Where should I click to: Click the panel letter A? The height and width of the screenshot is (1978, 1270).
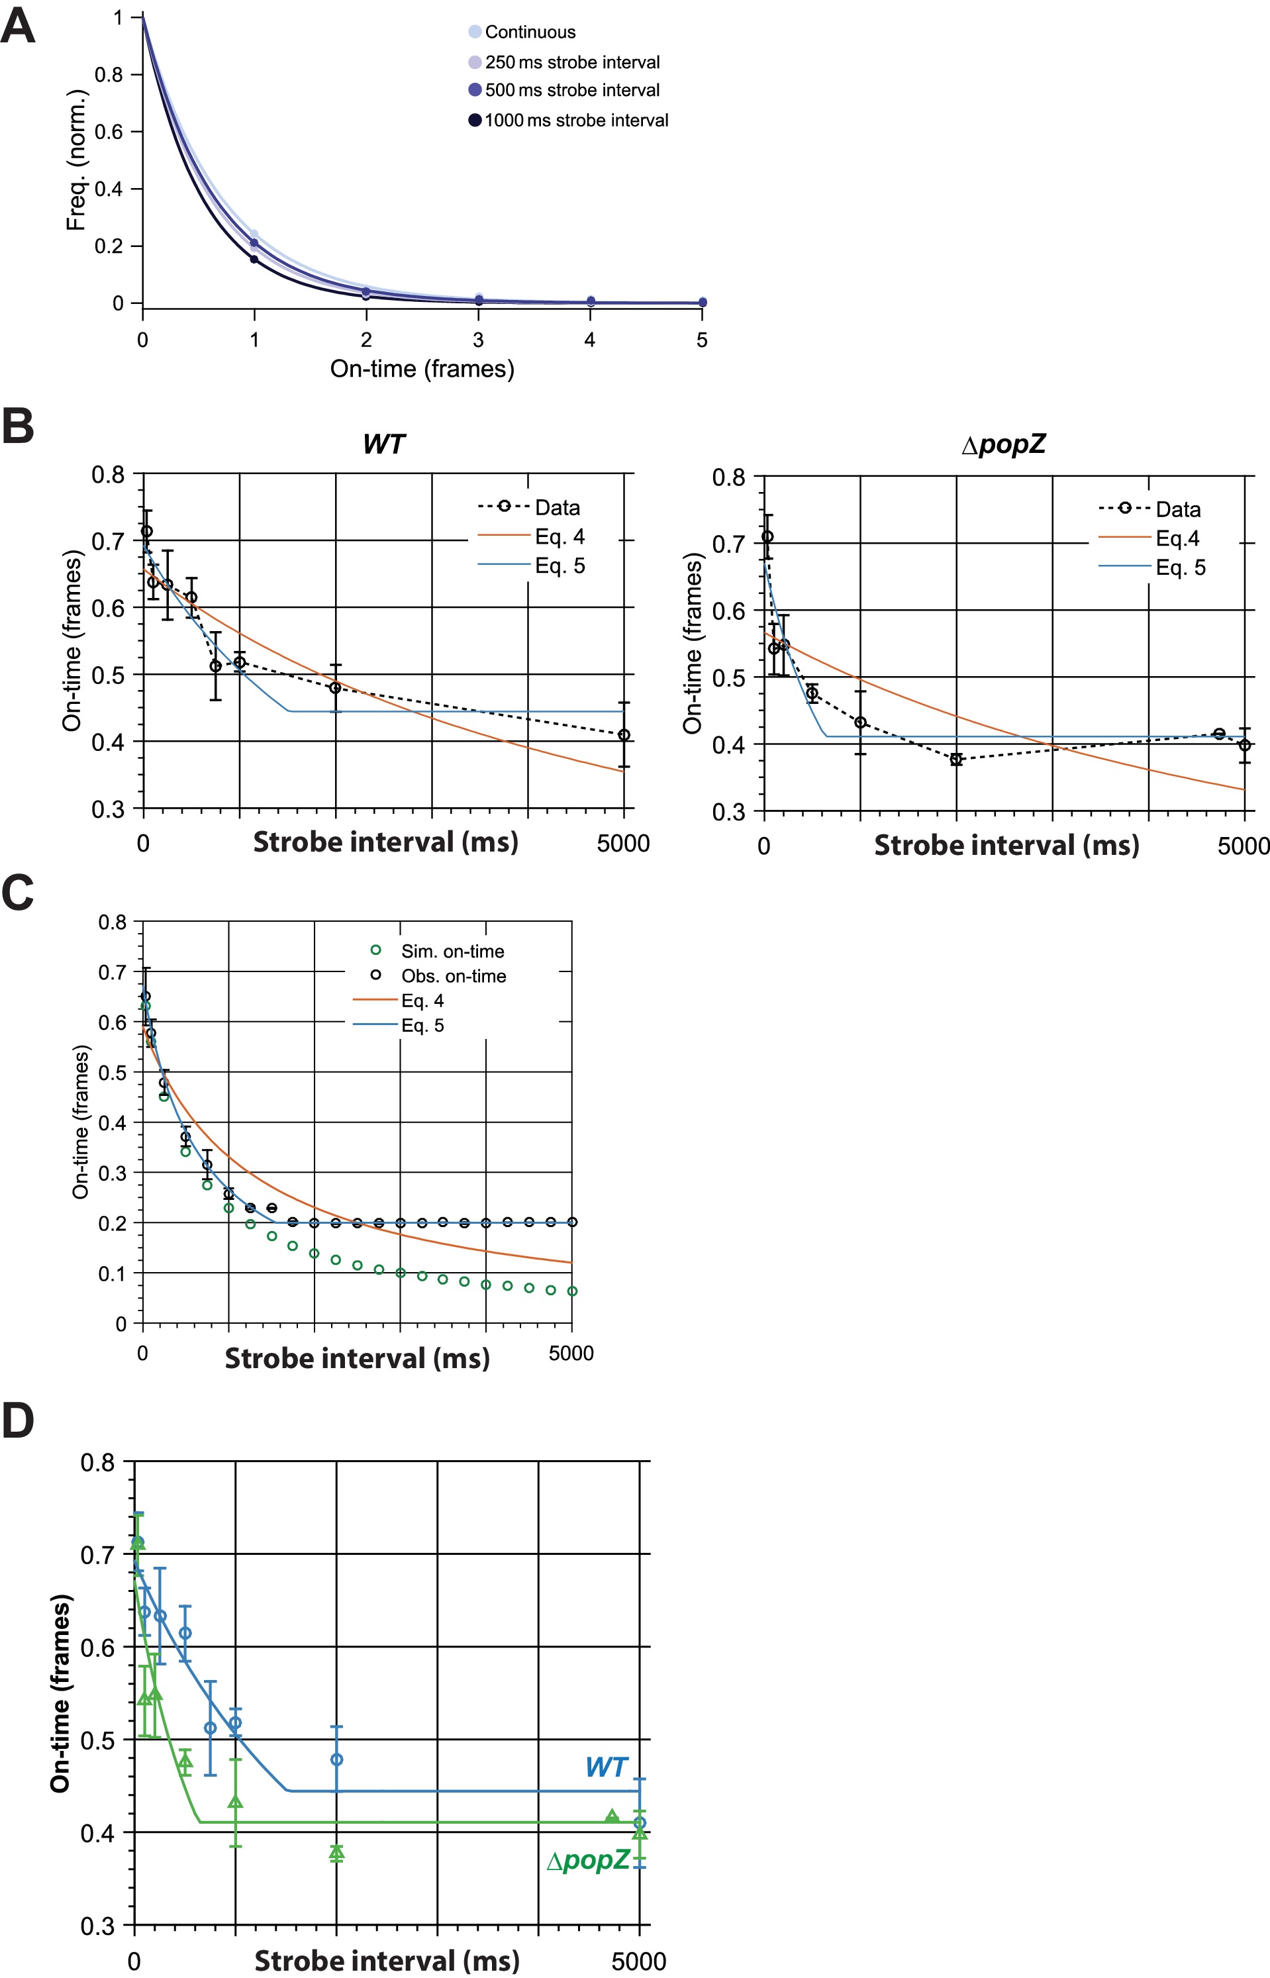pyautogui.click(x=18, y=26)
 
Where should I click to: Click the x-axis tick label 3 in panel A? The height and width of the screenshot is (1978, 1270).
pyautogui.click(x=478, y=340)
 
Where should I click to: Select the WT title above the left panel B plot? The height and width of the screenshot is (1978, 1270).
pyautogui.click(x=383, y=444)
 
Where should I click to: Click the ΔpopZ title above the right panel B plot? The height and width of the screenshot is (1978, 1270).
pyautogui.click(x=1004, y=444)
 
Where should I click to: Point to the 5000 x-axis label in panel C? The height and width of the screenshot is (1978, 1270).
pyautogui.click(x=571, y=1353)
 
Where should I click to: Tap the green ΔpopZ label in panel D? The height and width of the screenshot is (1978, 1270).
pyautogui.click(x=589, y=1858)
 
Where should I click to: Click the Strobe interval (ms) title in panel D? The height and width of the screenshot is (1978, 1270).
pyautogui.click(x=387, y=1960)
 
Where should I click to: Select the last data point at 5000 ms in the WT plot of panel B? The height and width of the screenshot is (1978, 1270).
pyautogui.click(x=624, y=734)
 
